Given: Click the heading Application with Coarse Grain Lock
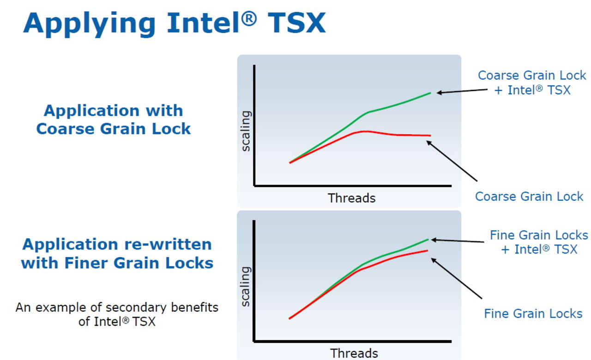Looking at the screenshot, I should (113, 120).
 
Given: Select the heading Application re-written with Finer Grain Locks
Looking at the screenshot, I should (117, 253).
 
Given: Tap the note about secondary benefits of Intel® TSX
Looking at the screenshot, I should (117, 314).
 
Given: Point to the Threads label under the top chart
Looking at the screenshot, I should (351, 198).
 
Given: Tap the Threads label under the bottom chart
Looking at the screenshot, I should (354, 354).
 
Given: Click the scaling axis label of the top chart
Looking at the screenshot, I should (246, 131).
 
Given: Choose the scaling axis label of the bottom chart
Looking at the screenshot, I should (246, 286).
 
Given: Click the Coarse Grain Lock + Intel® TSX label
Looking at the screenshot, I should (532, 82).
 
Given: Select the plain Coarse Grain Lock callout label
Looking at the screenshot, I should (529, 197).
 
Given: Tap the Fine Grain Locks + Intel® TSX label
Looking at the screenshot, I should (539, 242).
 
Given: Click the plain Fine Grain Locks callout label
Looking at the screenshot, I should (533, 314).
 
